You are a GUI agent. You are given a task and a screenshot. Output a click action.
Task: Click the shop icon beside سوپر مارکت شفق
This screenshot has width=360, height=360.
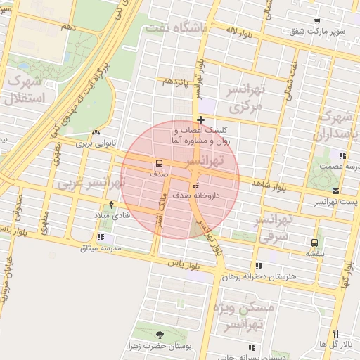click(317, 21)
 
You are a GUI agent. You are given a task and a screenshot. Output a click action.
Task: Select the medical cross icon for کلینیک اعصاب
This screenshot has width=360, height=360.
click(202, 120)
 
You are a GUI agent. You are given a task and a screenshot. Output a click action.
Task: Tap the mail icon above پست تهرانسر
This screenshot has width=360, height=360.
click(335, 191)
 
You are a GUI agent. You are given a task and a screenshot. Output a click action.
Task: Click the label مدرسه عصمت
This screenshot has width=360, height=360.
click(341, 167)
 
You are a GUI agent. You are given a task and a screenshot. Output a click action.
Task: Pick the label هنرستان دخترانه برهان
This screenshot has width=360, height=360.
click(259, 276)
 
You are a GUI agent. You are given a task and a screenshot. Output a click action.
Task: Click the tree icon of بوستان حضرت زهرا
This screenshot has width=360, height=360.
click(160, 335)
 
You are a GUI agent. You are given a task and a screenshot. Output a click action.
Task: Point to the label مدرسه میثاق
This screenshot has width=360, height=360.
click(101, 248)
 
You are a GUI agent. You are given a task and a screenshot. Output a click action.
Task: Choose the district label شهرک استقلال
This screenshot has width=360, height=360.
click(24, 89)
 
